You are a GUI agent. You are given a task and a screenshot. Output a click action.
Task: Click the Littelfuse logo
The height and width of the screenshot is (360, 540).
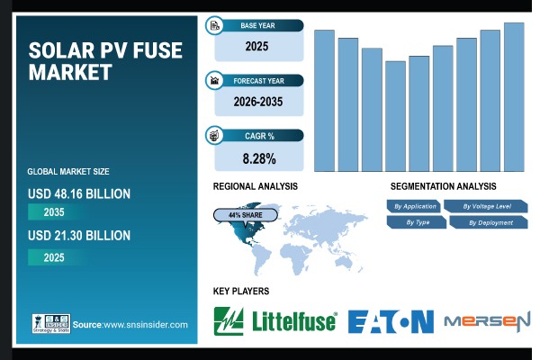[274, 319]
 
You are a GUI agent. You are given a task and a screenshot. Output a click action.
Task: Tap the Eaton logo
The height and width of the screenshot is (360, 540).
[390, 320]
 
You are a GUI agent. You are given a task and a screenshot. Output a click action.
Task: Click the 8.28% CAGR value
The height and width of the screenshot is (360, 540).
[258, 159]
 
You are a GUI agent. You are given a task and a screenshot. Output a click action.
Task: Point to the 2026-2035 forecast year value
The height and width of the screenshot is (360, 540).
[258, 102]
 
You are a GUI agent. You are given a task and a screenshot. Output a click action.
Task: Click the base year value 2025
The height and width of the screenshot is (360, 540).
[258, 46]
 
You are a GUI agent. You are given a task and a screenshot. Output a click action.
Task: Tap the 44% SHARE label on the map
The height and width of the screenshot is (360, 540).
[246, 216]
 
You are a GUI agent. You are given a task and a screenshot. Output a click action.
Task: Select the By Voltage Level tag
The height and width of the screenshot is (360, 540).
[487, 206]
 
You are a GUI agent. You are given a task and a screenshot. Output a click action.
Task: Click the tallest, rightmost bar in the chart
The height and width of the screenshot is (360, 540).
[514, 97]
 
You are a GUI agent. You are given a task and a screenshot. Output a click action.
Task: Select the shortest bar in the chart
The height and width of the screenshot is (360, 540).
[395, 116]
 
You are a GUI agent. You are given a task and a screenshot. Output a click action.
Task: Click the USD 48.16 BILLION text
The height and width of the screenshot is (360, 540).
[79, 193]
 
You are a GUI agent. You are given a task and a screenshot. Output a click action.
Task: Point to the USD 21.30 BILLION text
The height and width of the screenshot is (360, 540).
[79, 235]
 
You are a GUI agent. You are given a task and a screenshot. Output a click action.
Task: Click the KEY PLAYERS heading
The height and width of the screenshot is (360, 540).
[240, 292]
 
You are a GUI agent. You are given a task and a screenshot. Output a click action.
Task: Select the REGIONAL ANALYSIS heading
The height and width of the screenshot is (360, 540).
[255, 185]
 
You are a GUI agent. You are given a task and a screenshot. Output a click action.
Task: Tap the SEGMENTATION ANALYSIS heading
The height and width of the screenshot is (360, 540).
[444, 185]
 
